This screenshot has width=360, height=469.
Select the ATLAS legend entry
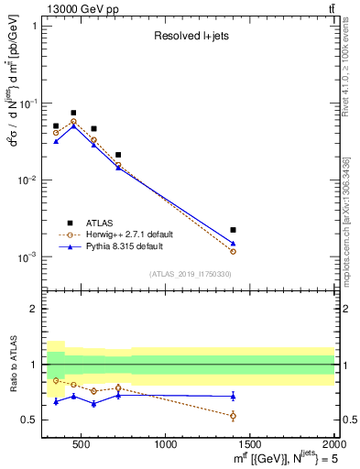(x=99, y=223)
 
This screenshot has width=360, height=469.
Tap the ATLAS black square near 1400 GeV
(x=234, y=230)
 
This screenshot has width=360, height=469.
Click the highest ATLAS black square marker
(x=73, y=113)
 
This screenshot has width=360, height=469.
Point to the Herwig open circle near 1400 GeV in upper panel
(x=234, y=251)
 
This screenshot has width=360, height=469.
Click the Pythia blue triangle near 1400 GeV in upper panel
(x=234, y=244)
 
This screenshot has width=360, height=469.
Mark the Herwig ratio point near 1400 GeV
(x=234, y=416)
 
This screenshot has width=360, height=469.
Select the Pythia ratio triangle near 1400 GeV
(x=234, y=396)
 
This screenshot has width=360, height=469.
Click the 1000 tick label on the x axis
(x=166, y=445)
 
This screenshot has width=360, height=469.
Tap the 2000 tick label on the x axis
(x=333, y=445)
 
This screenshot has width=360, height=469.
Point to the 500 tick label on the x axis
(x=82, y=445)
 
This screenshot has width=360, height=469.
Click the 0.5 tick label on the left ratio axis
(x=31, y=420)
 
